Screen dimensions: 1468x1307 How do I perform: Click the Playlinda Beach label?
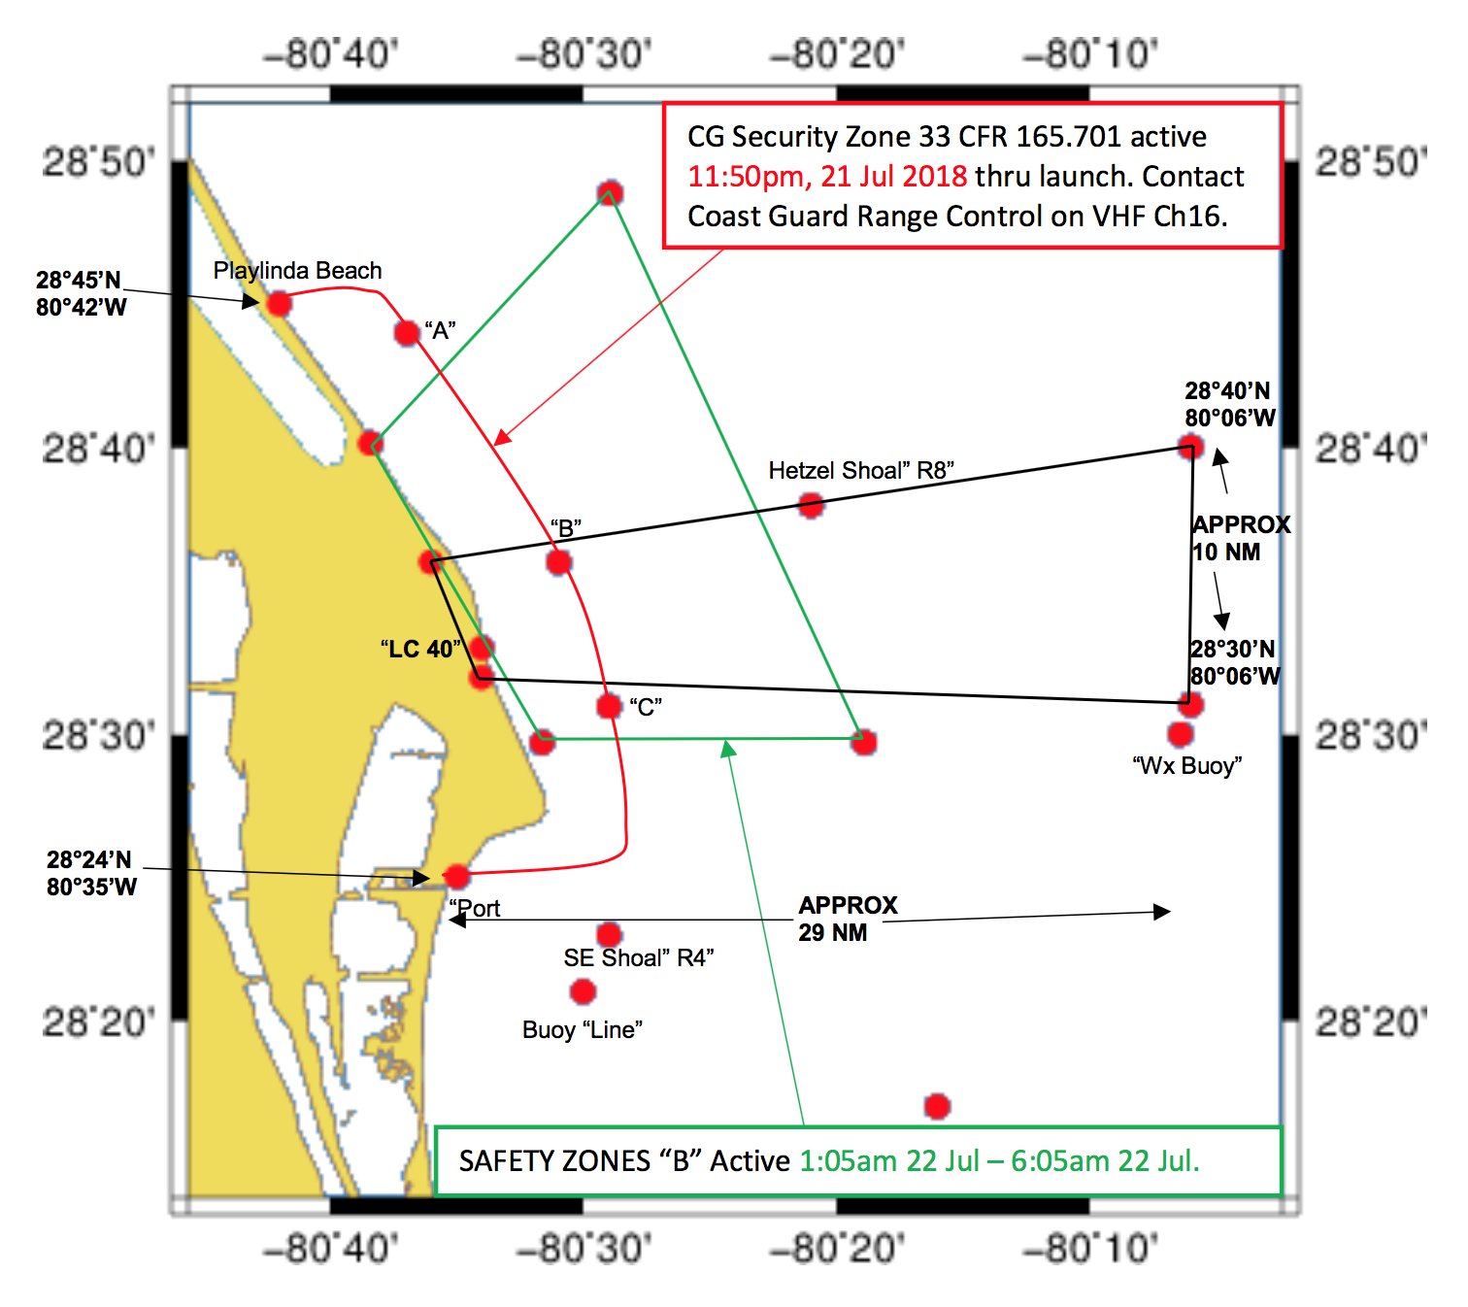(x=297, y=271)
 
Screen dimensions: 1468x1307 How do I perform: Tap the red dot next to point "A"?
(x=407, y=333)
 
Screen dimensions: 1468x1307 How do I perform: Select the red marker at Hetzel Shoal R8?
(x=811, y=505)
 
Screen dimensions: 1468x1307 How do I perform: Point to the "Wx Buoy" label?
(x=1186, y=766)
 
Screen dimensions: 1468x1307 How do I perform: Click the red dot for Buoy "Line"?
(x=583, y=991)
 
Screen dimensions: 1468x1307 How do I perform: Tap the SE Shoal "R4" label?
(x=638, y=958)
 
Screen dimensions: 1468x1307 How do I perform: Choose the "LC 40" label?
(x=420, y=649)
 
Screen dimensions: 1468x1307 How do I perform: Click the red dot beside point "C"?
(x=609, y=706)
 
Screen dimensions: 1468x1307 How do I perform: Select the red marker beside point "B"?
(x=558, y=562)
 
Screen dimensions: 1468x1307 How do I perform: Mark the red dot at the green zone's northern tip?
(x=610, y=191)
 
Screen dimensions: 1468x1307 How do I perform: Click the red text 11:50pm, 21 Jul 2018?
(x=827, y=177)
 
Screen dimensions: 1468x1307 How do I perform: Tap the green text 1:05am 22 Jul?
(x=888, y=1161)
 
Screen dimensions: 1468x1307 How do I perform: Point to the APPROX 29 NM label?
(x=847, y=919)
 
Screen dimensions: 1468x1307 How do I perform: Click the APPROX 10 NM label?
(x=1240, y=538)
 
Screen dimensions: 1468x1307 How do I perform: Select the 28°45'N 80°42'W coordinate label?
(x=81, y=293)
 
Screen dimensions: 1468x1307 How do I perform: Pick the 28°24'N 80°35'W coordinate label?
(x=91, y=873)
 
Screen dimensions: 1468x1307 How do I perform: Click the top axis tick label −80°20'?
(x=837, y=54)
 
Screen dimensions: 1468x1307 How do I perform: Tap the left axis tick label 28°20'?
(x=98, y=1022)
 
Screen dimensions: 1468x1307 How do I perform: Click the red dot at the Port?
(x=456, y=876)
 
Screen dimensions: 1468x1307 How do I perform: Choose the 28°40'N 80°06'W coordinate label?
(x=1229, y=404)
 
